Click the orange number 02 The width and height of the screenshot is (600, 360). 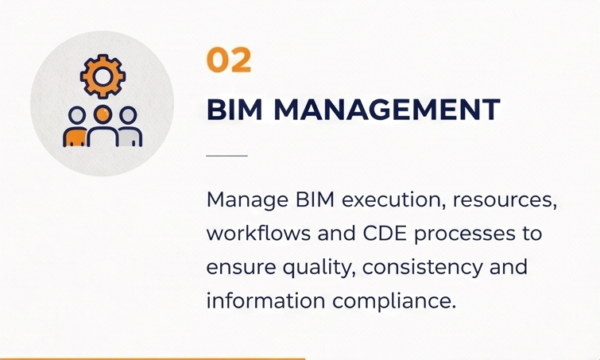(x=229, y=60)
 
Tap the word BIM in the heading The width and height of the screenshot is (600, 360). (x=234, y=110)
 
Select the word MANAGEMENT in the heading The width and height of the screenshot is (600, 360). (x=387, y=110)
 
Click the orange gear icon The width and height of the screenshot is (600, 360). (x=103, y=76)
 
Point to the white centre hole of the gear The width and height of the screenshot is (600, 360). (x=103, y=76)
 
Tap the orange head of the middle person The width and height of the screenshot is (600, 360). (x=103, y=114)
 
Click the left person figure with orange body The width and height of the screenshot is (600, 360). (x=75, y=126)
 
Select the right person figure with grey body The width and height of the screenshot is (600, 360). (x=130, y=126)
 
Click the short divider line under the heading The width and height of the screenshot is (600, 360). (x=227, y=156)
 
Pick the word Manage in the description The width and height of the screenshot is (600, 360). (x=247, y=199)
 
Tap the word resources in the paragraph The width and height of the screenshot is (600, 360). (x=505, y=201)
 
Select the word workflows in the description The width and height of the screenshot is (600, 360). (x=258, y=233)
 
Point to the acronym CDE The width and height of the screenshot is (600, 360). (x=385, y=234)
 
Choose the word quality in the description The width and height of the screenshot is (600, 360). (x=317, y=268)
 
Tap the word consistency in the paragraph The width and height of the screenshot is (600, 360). (x=423, y=268)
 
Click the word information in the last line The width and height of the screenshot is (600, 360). (x=266, y=300)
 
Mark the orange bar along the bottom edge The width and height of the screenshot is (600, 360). (x=153, y=359)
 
